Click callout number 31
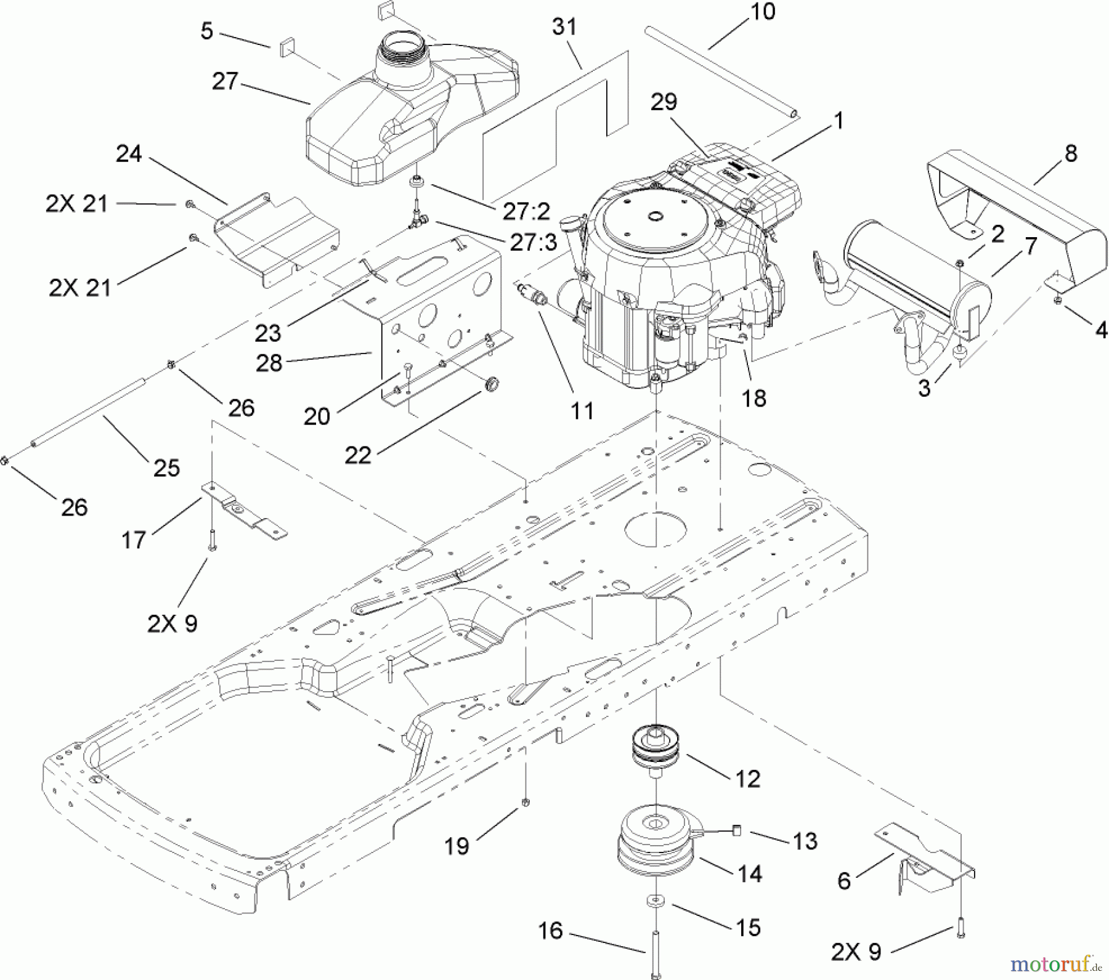click(x=564, y=28)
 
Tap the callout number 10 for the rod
click(x=763, y=12)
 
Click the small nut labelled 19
click(x=526, y=802)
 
